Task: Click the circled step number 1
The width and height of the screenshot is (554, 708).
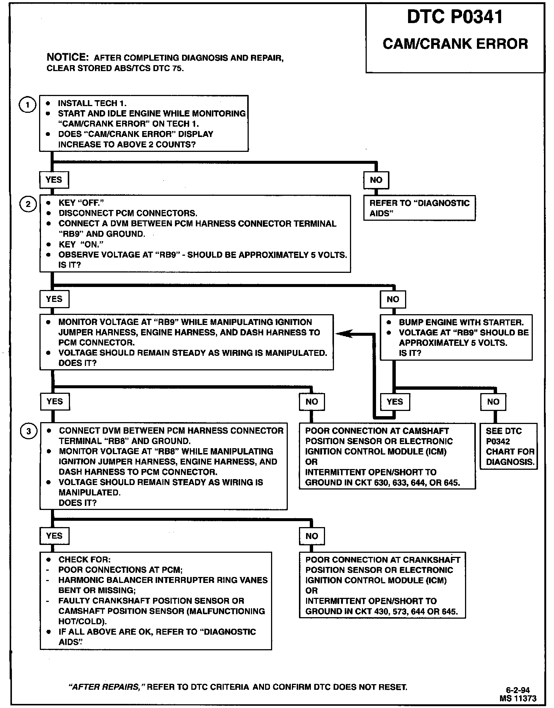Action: tap(27, 105)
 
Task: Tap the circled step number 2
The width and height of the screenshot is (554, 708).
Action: tap(28, 204)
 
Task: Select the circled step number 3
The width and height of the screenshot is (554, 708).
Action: tap(29, 431)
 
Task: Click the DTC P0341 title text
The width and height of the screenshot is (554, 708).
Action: tap(455, 17)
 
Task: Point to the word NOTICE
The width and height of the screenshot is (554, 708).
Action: tap(67, 57)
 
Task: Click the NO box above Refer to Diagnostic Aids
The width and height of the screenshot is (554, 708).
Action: tap(376, 180)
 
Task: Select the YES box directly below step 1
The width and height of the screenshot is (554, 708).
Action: tap(54, 180)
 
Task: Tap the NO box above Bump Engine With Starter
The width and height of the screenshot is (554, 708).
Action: tap(392, 299)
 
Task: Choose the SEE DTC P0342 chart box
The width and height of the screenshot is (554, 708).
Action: tap(509, 446)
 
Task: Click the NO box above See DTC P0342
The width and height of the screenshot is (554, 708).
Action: tap(493, 402)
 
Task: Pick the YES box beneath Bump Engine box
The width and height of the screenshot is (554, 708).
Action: tap(395, 402)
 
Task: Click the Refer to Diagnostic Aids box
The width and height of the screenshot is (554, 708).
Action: tap(419, 208)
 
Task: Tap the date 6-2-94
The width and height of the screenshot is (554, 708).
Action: tap(518, 690)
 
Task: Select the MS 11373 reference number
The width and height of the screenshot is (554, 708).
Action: tap(518, 698)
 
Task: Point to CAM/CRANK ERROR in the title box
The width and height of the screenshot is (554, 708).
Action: tap(455, 44)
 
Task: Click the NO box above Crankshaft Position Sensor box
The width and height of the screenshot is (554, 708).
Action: tap(312, 536)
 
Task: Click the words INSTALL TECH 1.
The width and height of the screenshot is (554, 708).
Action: tap(92, 103)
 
